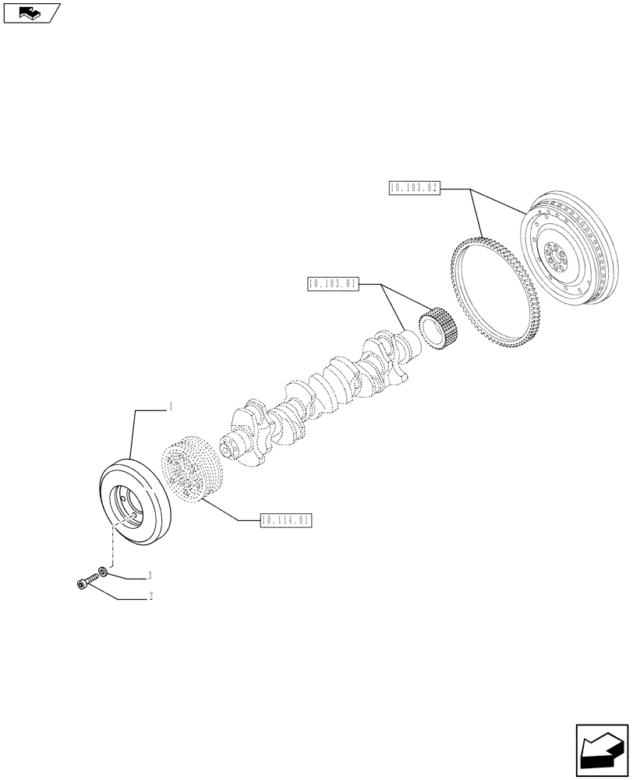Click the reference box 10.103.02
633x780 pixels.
click(x=413, y=188)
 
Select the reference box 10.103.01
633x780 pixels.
click(x=333, y=284)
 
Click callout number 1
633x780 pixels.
click(x=171, y=408)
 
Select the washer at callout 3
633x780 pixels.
click(x=104, y=572)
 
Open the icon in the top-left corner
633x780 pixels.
click(x=31, y=12)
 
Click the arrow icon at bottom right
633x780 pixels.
click(x=601, y=751)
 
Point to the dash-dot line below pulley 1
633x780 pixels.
click(x=114, y=546)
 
